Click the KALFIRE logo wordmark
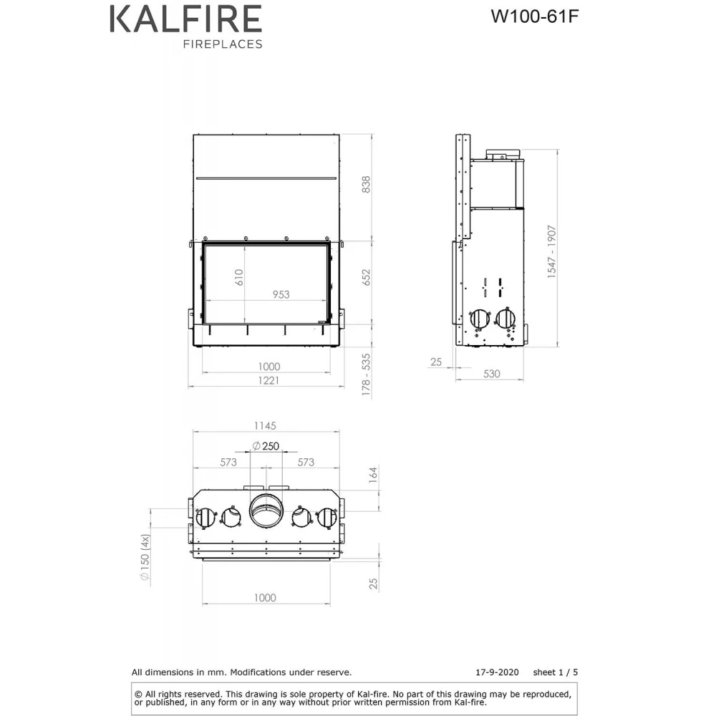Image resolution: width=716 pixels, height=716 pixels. point(186,19)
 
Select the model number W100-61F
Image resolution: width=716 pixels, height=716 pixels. point(535,16)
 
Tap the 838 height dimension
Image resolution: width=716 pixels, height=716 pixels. point(366,185)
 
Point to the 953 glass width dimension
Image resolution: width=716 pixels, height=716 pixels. point(281,294)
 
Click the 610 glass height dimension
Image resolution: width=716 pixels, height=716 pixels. point(239,277)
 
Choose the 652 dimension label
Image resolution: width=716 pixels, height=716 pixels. point(366,277)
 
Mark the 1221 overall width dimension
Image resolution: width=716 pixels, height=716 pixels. point(268,380)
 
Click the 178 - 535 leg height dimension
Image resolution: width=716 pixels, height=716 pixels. point(366,374)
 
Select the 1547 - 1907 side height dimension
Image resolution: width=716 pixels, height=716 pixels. point(552,251)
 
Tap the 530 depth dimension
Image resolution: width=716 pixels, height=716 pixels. point(492,374)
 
